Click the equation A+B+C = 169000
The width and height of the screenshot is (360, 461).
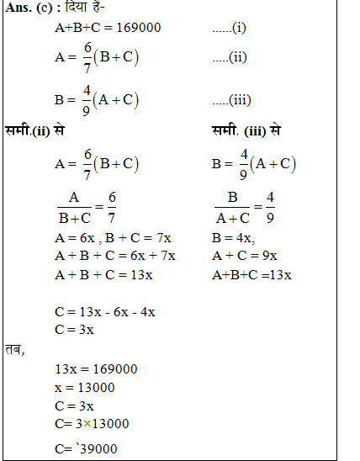point(107,28)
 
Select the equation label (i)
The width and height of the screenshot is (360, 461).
point(229,28)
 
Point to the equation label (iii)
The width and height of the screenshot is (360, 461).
point(231,100)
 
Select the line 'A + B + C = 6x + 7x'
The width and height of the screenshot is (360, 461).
point(114,255)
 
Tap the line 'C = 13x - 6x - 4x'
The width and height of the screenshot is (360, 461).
point(104,312)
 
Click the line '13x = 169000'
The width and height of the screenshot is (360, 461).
point(95,368)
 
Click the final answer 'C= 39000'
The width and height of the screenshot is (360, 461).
point(86,448)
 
